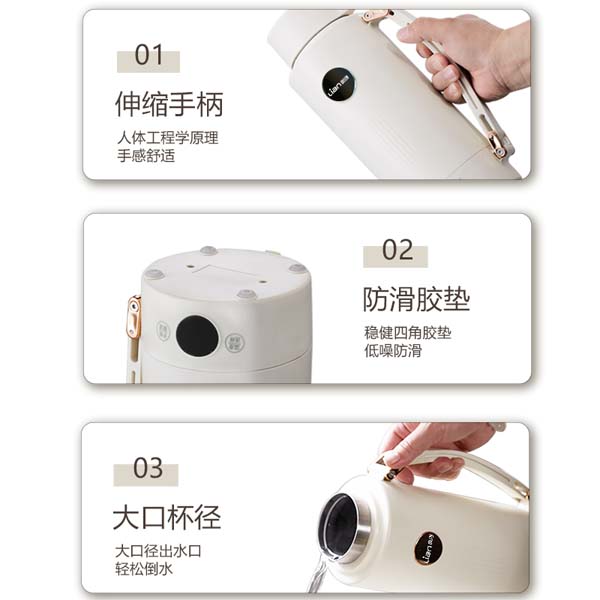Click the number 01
coord(149,54)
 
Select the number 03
coord(148,468)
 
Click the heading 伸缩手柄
coord(169,104)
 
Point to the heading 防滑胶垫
coord(416,299)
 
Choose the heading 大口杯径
coord(167,517)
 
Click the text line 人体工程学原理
coord(168,138)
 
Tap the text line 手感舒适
coord(146,156)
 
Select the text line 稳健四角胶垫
coord(408,333)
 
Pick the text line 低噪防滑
coord(393,351)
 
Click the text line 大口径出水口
coord(158,551)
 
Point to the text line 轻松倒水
coord(144,569)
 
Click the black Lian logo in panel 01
coord(338,85)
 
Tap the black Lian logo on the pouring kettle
coord(429,549)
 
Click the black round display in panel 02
coord(197,336)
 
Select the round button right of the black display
coord(233,342)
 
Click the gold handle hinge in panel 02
coord(134,318)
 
